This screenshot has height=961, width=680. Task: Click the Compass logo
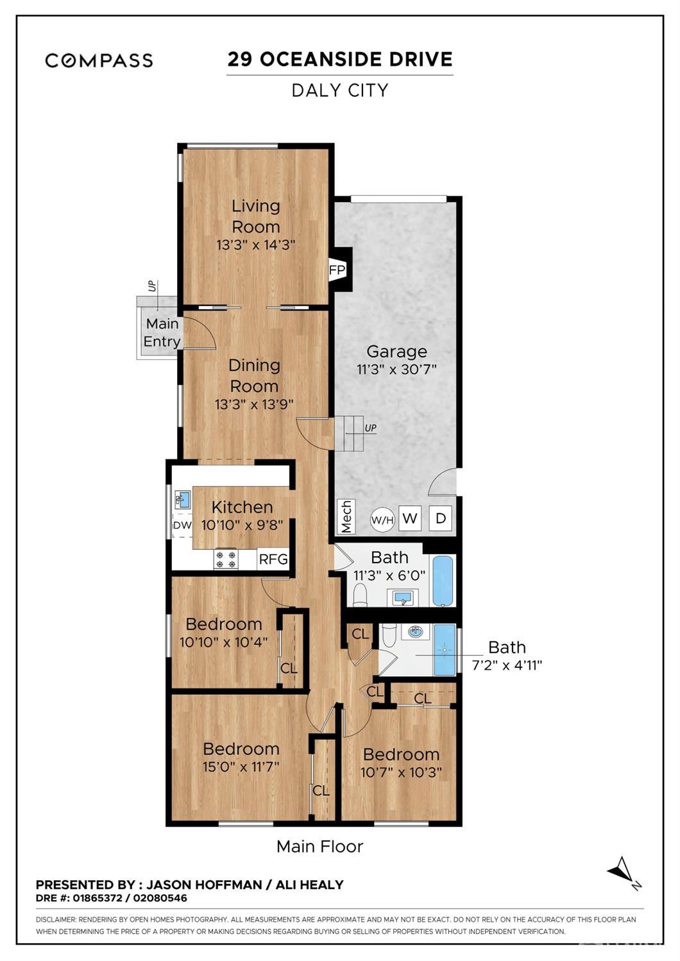99,60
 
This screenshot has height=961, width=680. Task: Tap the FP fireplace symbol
337,269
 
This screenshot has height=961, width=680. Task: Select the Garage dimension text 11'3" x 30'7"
396,370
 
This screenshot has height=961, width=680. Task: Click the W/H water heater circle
382,520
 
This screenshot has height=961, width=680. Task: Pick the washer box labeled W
410,518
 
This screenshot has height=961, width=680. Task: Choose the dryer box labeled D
441,518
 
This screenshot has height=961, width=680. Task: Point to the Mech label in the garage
346,517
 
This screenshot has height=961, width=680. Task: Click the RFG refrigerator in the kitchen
273,559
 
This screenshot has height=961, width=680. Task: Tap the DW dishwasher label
182,525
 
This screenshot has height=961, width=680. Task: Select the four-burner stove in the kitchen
226,559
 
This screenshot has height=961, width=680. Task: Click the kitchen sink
182,498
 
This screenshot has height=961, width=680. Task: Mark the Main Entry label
162,332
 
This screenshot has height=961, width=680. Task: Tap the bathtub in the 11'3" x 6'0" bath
443,581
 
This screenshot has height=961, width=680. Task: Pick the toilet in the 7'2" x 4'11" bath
389,636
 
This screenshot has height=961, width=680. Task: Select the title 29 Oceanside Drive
340,60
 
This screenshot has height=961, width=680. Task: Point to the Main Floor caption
319,847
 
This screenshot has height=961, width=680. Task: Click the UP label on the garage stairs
370,428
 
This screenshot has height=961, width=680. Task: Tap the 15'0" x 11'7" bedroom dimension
241,767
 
